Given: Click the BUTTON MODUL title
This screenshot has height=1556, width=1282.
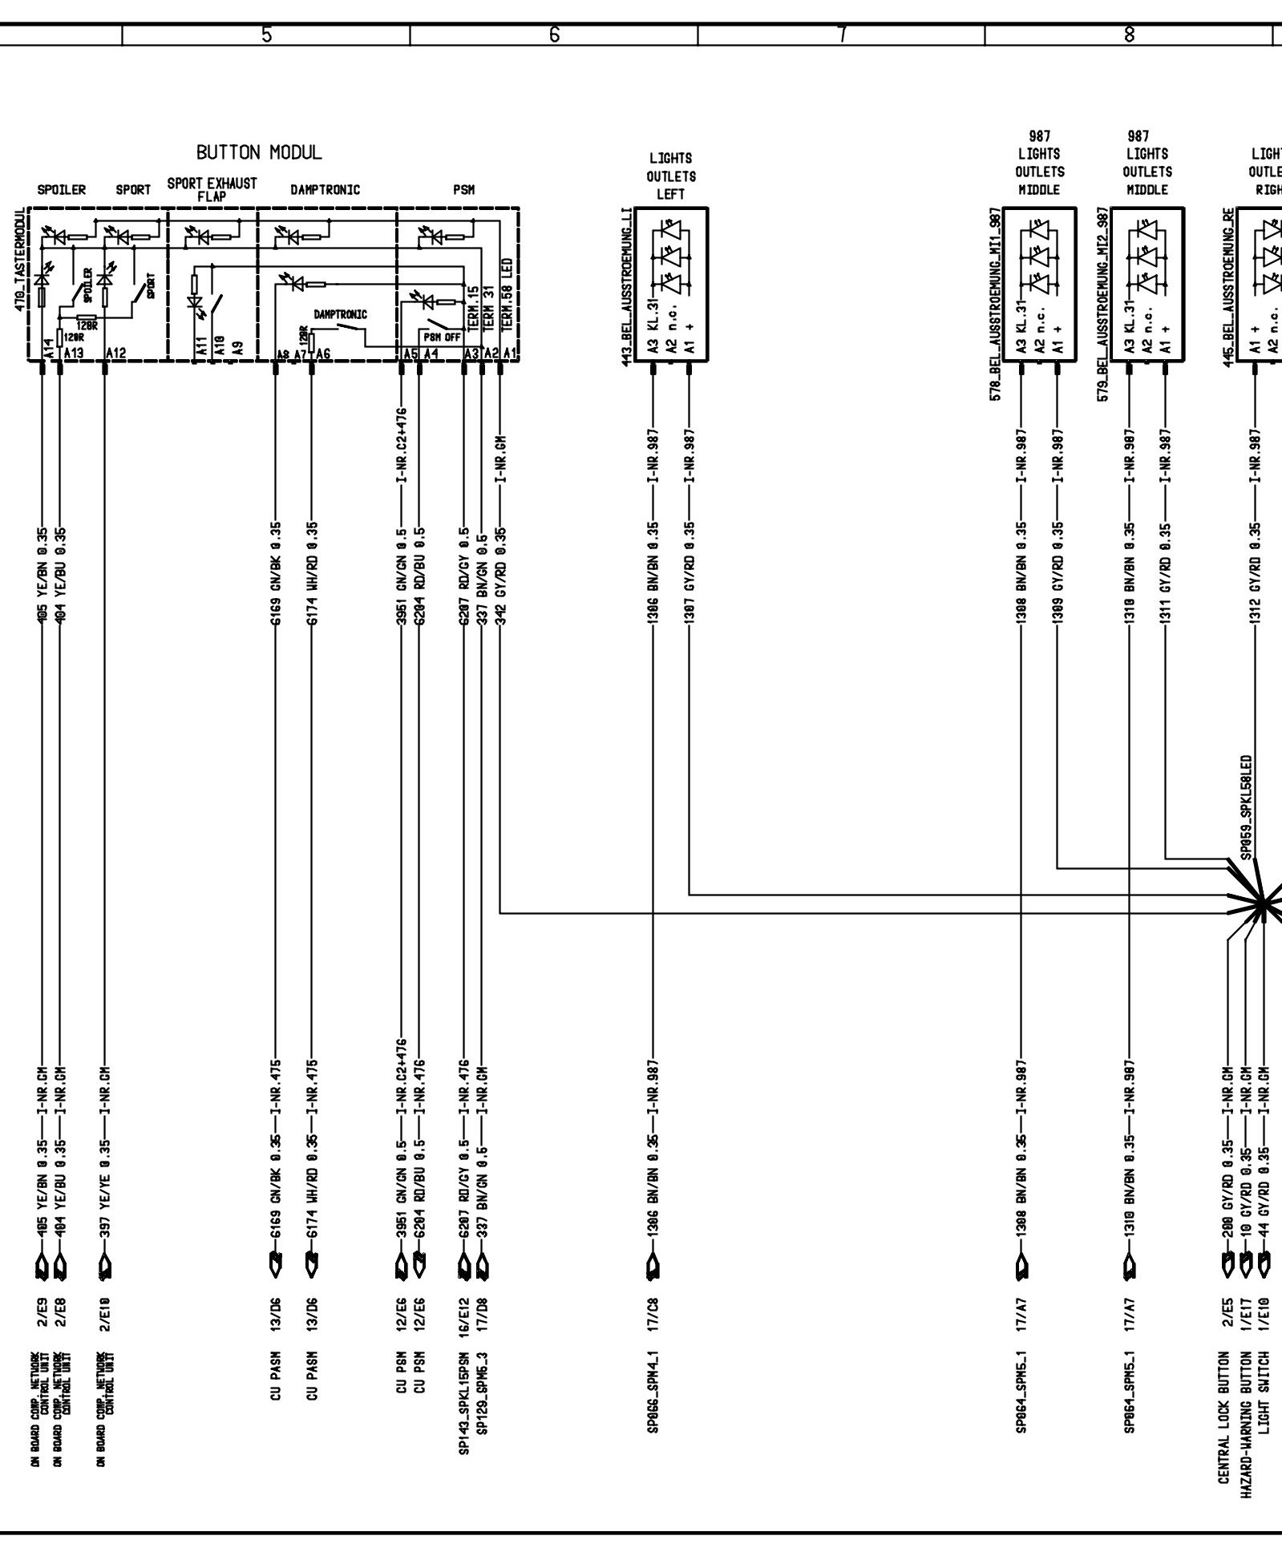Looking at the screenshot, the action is click(259, 152).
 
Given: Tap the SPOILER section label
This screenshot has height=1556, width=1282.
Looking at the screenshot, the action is click(62, 191).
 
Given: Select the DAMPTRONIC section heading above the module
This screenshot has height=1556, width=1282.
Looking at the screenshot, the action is click(326, 191).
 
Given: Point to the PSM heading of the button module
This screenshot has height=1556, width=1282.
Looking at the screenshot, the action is click(463, 191).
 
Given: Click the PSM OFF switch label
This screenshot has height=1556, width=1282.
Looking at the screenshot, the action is click(442, 337).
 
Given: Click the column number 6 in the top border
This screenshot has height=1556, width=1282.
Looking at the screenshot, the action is click(554, 34).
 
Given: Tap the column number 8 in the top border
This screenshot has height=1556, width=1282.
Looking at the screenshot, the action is click(1129, 34).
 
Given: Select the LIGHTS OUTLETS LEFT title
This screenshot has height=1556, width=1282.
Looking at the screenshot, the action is click(671, 176).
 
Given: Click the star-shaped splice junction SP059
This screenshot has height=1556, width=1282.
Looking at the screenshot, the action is click(1260, 904).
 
